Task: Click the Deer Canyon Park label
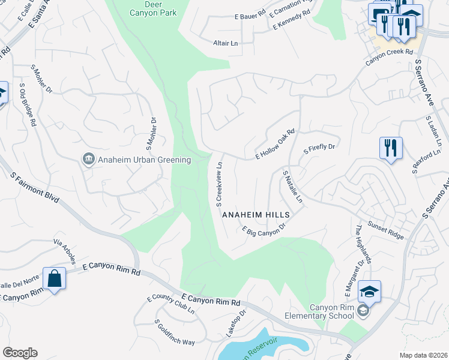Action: [x=153, y=7]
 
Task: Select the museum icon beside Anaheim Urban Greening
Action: [x=88, y=159]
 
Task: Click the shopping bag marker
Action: [x=54, y=278]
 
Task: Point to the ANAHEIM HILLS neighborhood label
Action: [x=256, y=215]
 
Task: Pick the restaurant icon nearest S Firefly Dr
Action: [x=391, y=147]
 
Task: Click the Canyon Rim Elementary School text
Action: [x=331, y=311]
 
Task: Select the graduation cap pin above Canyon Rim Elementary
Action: [x=369, y=292]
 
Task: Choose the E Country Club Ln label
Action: [x=170, y=305]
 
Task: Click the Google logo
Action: [x=20, y=353]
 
